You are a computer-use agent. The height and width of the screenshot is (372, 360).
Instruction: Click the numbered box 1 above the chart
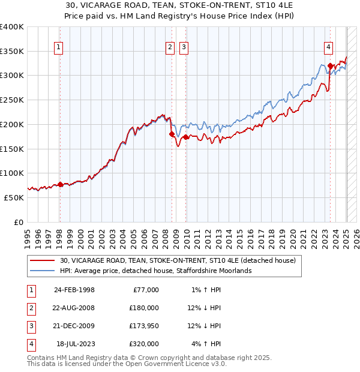point(59,48)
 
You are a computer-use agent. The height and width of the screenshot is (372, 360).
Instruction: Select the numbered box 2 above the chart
point(170,48)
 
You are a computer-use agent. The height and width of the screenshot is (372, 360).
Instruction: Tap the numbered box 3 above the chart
point(184,48)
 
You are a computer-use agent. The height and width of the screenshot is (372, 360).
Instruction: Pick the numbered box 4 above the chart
point(329,48)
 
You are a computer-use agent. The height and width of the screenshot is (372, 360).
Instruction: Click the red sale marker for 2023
point(330,66)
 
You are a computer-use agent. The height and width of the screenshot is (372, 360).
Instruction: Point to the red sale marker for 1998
point(60,184)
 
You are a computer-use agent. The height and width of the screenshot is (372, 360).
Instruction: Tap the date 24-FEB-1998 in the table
point(74,290)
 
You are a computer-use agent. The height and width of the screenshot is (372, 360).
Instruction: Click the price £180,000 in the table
point(144,308)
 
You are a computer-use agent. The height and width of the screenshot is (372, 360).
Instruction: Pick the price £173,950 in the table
point(144,326)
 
